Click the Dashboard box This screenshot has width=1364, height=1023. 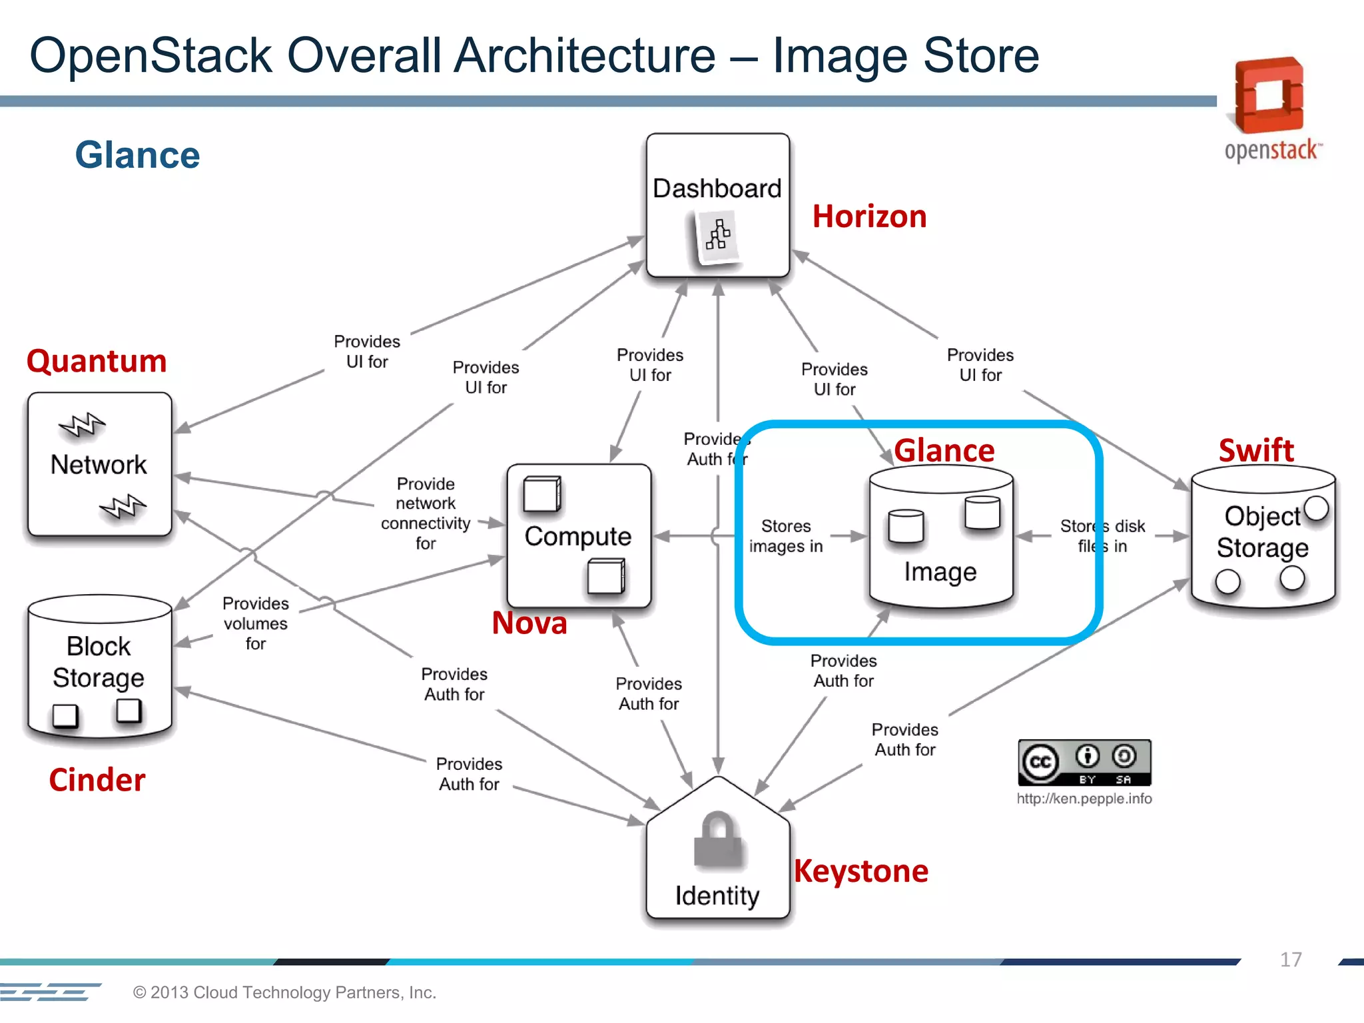(x=717, y=204)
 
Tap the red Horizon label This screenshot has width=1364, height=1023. (x=869, y=217)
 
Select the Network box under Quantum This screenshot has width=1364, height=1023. (x=99, y=464)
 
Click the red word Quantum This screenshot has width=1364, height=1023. (x=97, y=361)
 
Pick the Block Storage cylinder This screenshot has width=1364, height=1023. (x=99, y=666)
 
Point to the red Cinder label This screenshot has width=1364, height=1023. (x=97, y=780)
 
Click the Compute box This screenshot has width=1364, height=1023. (x=578, y=535)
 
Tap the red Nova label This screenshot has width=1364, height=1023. (x=529, y=623)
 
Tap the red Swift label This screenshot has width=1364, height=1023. (x=1256, y=451)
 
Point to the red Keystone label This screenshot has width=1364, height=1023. (x=861, y=871)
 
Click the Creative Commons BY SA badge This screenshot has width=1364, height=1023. (x=1084, y=763)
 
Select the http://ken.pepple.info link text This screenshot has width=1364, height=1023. (x=1084, y=799)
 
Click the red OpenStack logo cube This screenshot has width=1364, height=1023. (x=1269, y=95)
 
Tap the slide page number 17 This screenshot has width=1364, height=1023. (x=1290, y=960)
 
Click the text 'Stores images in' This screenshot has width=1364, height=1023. (x=786, y=536)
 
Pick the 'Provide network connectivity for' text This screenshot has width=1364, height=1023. (x=426, y=513)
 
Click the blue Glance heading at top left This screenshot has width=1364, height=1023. (x=137, y=155)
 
